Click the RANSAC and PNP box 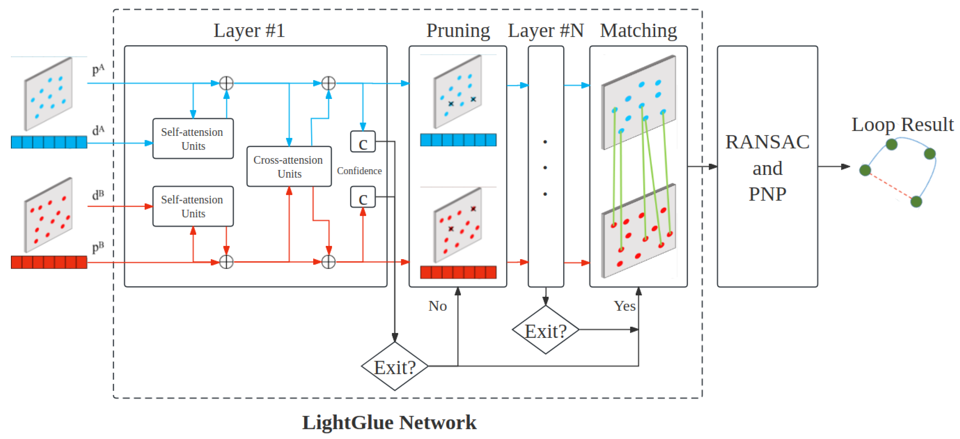coord(767,167)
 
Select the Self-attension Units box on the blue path coord(193,139)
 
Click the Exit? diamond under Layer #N coord(545,330)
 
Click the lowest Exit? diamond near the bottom coord(394,367)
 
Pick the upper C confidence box coord(363,142)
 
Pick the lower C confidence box coord(363,197)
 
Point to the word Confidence coord(359,171)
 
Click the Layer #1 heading coord(249,30)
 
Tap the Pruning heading coord(458,30)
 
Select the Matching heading coord(638,30)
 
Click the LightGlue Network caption coord(389,422)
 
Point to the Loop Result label coord(902,124)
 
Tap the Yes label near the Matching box coord(624,306)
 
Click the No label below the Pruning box coord(437,306)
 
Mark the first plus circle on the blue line coord(226,83)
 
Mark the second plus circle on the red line coord(328,262)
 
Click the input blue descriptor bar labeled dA coord(49,142)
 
